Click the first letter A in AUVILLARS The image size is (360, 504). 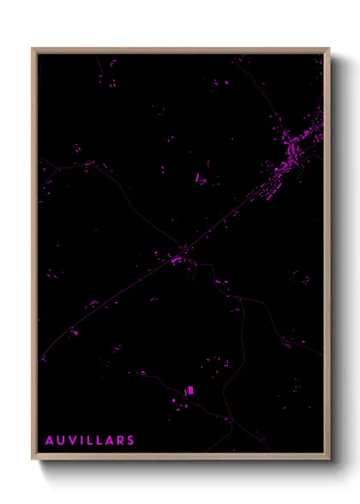(50, 441)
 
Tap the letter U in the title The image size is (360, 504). (61, 441)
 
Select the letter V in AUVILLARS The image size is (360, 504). (72, 441)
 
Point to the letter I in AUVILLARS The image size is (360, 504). (81, 441)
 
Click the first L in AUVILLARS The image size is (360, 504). (88, 441)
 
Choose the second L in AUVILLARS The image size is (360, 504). (98, 441)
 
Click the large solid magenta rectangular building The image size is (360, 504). (190, 391)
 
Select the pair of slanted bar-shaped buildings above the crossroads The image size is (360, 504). (200, 178)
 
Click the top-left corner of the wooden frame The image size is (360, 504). (33, 50)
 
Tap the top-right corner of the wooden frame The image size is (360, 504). (328, 50)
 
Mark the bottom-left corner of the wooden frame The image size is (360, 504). (33, 459)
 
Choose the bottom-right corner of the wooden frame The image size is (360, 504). (328, 459)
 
